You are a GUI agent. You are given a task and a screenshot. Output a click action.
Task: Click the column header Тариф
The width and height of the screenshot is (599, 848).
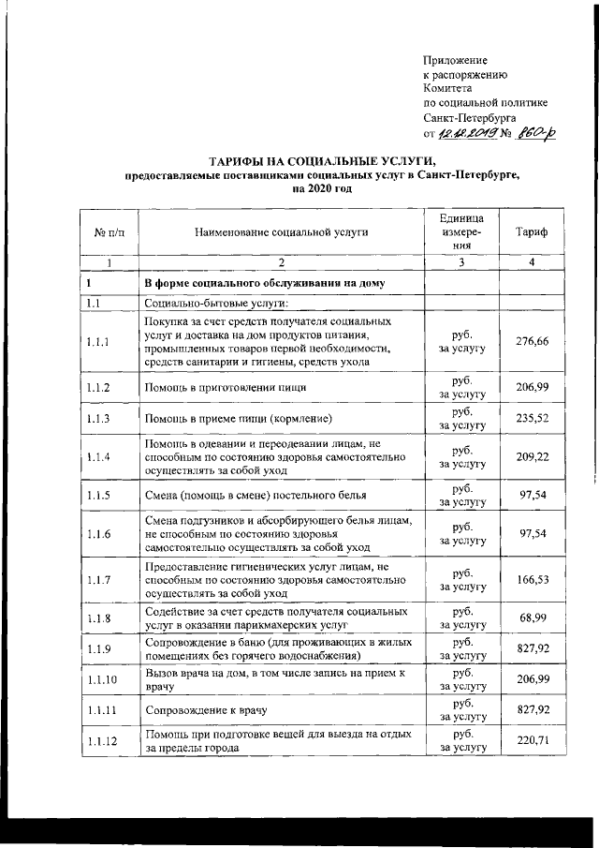click(x=532, y=231)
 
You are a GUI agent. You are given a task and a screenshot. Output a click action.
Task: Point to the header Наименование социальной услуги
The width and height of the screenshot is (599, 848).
click(x=281, y=231)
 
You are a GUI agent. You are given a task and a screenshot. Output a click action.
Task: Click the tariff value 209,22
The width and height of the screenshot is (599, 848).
click(x=532, y=456)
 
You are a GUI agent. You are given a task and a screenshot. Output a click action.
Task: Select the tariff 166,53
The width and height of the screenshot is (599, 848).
click(x=532, y=580)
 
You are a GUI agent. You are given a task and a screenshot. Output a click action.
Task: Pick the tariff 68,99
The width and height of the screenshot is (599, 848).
click(x=532, y=618)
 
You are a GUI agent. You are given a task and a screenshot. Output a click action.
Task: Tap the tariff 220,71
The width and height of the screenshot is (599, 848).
click(x=532, y=740)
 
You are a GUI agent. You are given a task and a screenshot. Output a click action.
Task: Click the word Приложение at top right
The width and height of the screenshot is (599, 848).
click(x=455, y=59)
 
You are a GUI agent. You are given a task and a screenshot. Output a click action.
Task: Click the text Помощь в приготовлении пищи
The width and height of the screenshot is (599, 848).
click(x=225, y=387)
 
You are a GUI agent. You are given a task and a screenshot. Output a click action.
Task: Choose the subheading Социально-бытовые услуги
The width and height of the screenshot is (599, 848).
click(x=216, y=303)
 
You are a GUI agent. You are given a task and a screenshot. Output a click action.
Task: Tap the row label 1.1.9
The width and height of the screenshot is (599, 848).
click(x=98, y=648)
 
